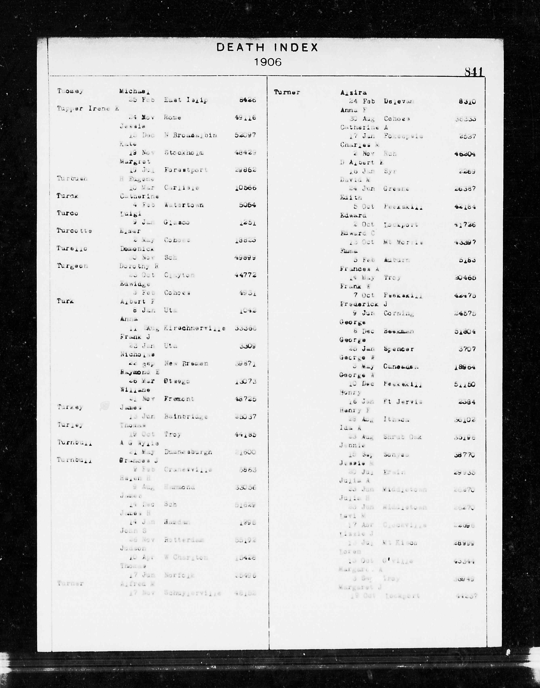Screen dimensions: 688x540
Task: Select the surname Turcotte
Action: [74, 231]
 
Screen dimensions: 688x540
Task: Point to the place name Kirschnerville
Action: [194, 328]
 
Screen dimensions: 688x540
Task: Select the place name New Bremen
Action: [186, 364]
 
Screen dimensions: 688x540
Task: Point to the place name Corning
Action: [399, 313]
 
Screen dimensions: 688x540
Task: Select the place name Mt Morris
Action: [403, 243]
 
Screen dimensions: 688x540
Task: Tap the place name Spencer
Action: [399, 349]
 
